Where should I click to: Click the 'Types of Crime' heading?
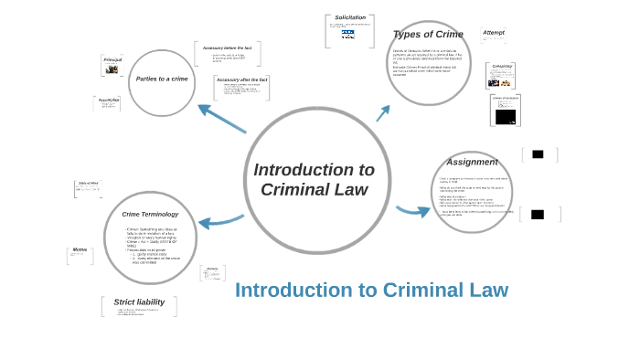[x=428, y=35]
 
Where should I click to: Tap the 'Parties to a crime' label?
[x=162, y=79]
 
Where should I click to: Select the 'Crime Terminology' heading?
[x=150, y=214]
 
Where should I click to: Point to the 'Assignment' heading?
[x=472, y=162]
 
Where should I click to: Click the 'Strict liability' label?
[x=139, y=302]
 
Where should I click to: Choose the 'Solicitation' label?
[x=350, y=17]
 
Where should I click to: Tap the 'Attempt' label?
[x=494, y=33]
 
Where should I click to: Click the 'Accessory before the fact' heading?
[x=228, y=48]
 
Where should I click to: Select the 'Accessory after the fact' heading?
[x=242, y=79]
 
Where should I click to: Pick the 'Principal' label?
[x=112, y=59]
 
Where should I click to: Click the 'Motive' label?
[x=80, y=249]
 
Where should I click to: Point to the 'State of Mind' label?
[x=89, y=183]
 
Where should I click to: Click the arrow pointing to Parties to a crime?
[x=220, y=118]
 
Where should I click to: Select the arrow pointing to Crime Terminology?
[x=220, y=221]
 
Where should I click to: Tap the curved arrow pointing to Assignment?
[x=413, y=211]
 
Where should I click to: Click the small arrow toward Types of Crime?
[x=383, y=113]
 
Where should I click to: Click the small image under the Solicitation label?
[x=348, y=34]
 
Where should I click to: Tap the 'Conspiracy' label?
[x=502, y=67]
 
